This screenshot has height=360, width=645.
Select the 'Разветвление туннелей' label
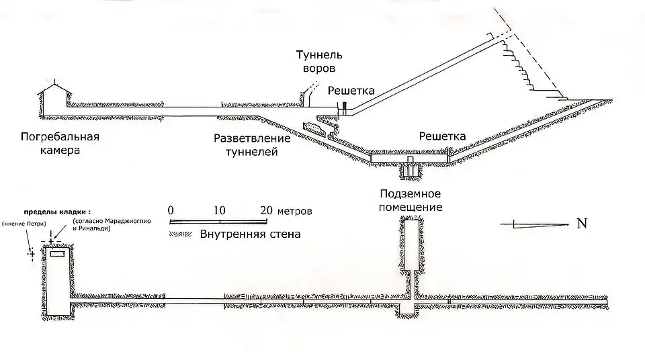(x=252, y=145)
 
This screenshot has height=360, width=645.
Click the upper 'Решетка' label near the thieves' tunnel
(x=351, y=90)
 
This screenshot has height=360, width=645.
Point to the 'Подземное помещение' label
(x=411, y=200)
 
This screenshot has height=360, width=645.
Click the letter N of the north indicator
(x=582, y=224)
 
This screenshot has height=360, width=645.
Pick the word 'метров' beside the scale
(x=295, y=210)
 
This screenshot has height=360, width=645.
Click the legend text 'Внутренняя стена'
(x=250, y=234)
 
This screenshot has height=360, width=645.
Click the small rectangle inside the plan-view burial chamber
(x=56, y=255)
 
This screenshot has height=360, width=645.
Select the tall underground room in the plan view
(x=411, y=245)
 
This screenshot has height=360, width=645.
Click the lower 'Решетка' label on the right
(x=442, y=136)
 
